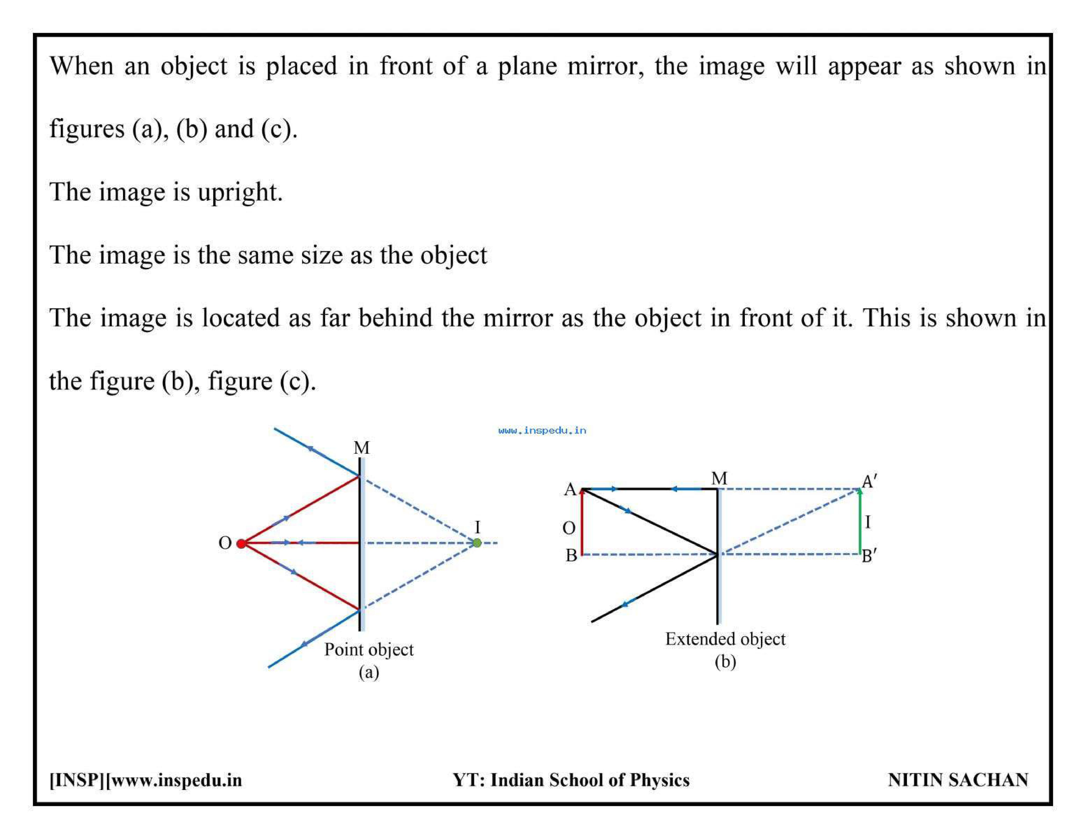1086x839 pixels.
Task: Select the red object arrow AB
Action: click(x=582, y=521)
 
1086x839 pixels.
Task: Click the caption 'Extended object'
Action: click(x=726, y=639)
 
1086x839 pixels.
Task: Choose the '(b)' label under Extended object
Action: click(x=726, y=662)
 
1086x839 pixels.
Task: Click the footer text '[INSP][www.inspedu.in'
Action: click(x=146, y=780)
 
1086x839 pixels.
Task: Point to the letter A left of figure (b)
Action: click(x=570, y=490)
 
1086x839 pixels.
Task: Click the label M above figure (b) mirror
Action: click(x=719, y=478)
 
